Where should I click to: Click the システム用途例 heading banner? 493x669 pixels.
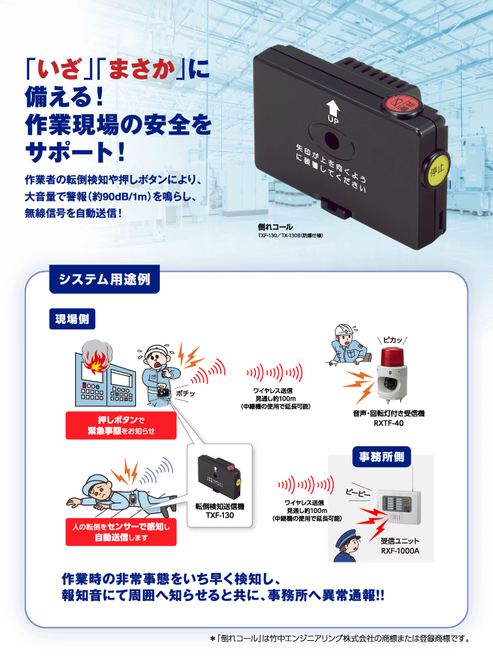[x=104, y=279]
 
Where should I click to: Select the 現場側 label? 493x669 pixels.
[x=72, y=319]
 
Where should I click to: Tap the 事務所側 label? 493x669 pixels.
[x=381, y=457]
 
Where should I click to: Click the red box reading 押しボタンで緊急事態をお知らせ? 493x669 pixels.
[x=121, y=425]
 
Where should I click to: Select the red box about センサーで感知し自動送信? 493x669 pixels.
[x=121, y=532]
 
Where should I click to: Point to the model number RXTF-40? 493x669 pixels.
[x=389, y=423]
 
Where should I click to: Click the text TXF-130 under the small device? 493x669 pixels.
[x=219, y=515]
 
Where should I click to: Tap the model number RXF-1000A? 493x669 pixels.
[x=400, y=551]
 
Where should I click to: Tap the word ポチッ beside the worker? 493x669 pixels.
[x=185, y=393]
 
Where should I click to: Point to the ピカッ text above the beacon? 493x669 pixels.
[x=392, y=340]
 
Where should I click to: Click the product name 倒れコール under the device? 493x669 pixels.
[x=275, y=227]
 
